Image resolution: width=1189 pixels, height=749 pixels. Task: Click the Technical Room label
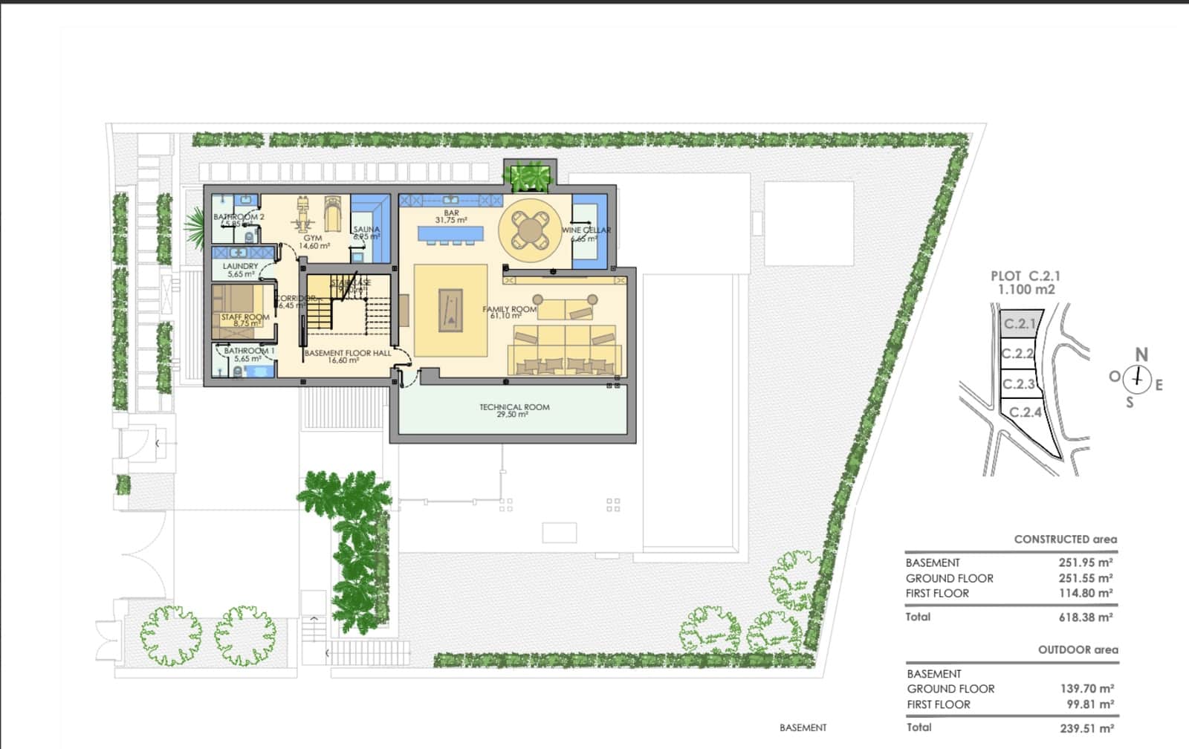[x=514, y=407]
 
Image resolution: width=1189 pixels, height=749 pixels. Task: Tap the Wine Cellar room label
[x=586, y=230]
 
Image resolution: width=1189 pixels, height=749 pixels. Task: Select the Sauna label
[x=366, y=230]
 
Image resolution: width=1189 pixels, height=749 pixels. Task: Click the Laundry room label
[x=240, y=266]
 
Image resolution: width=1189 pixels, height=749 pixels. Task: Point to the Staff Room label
[x=245, y=317]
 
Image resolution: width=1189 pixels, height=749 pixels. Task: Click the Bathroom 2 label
[x=239, y=217]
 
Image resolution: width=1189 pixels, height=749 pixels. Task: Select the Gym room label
[x=313, y=239]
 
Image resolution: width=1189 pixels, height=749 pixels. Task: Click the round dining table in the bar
[x=528, y=227]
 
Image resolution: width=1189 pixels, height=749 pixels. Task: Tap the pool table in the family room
[x=450, y=311]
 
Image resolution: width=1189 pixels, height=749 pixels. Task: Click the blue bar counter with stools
[x=450, y=234]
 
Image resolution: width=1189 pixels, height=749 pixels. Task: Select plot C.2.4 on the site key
[x=1026, y=412]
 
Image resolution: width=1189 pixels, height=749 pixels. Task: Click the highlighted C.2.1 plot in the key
[x=1019, y=324]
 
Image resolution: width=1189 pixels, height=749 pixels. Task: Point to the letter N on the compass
[x=1141, y=355]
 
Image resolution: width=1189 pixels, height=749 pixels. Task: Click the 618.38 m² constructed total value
[x=1085, y=617]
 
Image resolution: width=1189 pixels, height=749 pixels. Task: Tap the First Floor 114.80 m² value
[x=1085, y=593]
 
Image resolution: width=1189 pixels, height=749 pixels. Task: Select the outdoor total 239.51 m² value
[x=1086, y=728]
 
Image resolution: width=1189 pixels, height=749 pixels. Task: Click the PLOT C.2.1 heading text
[x=1026, y=276]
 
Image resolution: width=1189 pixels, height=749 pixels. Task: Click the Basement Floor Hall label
[x=347, y=353]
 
